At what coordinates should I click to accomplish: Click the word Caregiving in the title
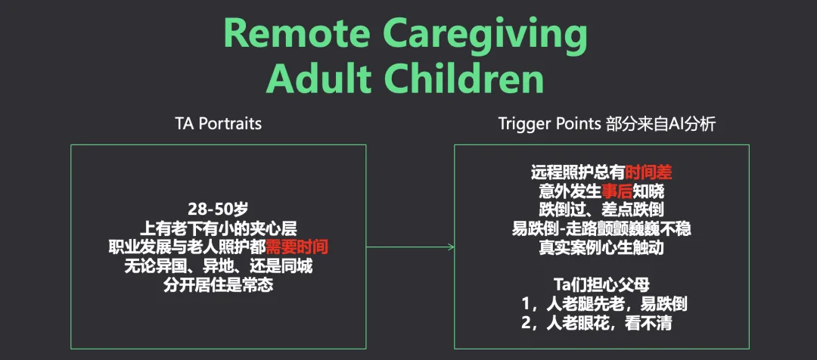pyautogui.click(x=499, y=33)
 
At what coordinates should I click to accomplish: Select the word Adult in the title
pyautogui.click(x=322, y=79)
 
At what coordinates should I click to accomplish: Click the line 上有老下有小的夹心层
pyautogui.click(x=218, y=227)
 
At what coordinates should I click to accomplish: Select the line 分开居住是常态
pyautogui.click(x=218, y=286)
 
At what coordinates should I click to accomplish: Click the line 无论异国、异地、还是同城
pyautogui.click(x=218, y=266)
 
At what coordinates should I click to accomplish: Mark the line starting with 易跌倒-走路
pyautogui.click(x=601, y=228)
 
